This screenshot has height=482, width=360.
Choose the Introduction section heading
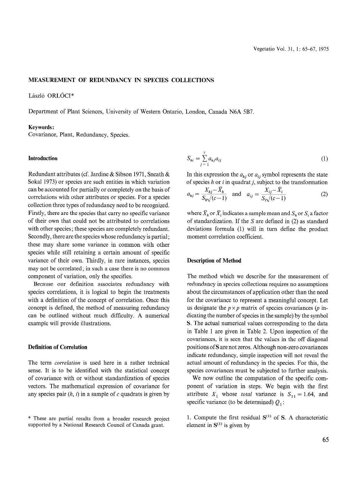click(x=43, y=158)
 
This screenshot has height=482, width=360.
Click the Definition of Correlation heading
click(x=57, y=347)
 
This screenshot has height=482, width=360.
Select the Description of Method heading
click(x=214, y=261)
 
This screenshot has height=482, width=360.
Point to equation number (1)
click(x=324, y=159)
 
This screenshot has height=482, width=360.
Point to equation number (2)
click(x=324, y=194)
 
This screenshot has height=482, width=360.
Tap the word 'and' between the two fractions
click(x=236, y=194)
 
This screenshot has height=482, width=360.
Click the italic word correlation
click(x=67, y=363)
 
